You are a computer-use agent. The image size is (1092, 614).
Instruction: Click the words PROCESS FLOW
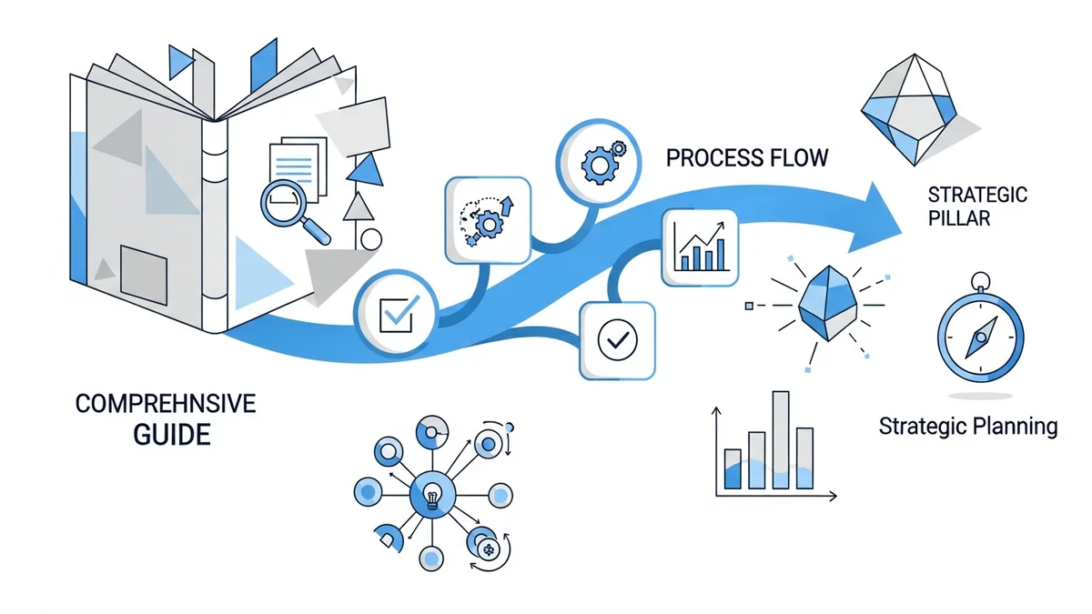(747, 157)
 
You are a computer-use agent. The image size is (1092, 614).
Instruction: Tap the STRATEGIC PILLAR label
(976, 206)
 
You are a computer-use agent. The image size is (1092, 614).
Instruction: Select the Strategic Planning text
(968, 426)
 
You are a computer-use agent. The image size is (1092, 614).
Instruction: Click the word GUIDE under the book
(171, 434)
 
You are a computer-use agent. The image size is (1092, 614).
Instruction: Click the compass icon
(979, 334)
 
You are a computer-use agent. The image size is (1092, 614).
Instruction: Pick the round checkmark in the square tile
(617, 340)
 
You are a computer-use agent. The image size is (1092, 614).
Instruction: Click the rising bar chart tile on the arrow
(701, 245)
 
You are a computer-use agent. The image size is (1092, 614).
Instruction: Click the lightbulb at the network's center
(432, 497)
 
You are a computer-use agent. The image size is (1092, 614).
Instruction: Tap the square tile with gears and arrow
(487, 219)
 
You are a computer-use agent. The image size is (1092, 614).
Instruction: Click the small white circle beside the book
(370, 239)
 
